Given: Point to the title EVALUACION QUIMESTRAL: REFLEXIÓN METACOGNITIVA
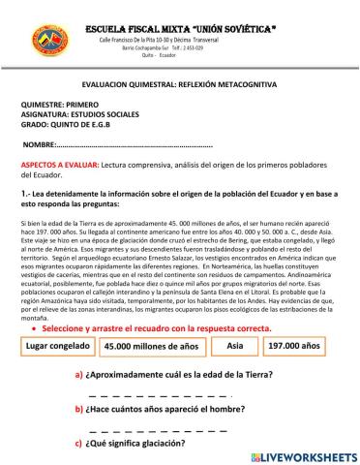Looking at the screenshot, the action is pos(179,85).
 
